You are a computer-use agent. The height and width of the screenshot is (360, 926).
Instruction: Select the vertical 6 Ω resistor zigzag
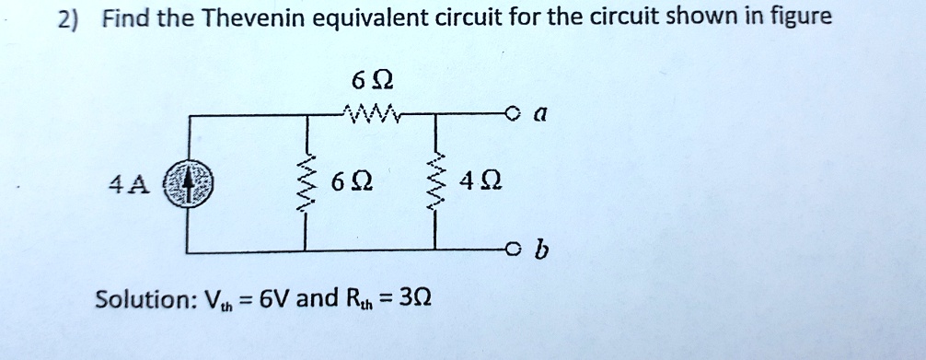pos(307,182)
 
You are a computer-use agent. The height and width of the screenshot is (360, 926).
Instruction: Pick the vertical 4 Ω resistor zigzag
pos(436,182)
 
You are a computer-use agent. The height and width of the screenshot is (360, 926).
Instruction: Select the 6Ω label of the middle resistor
pos(353,183)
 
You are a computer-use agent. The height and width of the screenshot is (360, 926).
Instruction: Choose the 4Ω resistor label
pos(482,183)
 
